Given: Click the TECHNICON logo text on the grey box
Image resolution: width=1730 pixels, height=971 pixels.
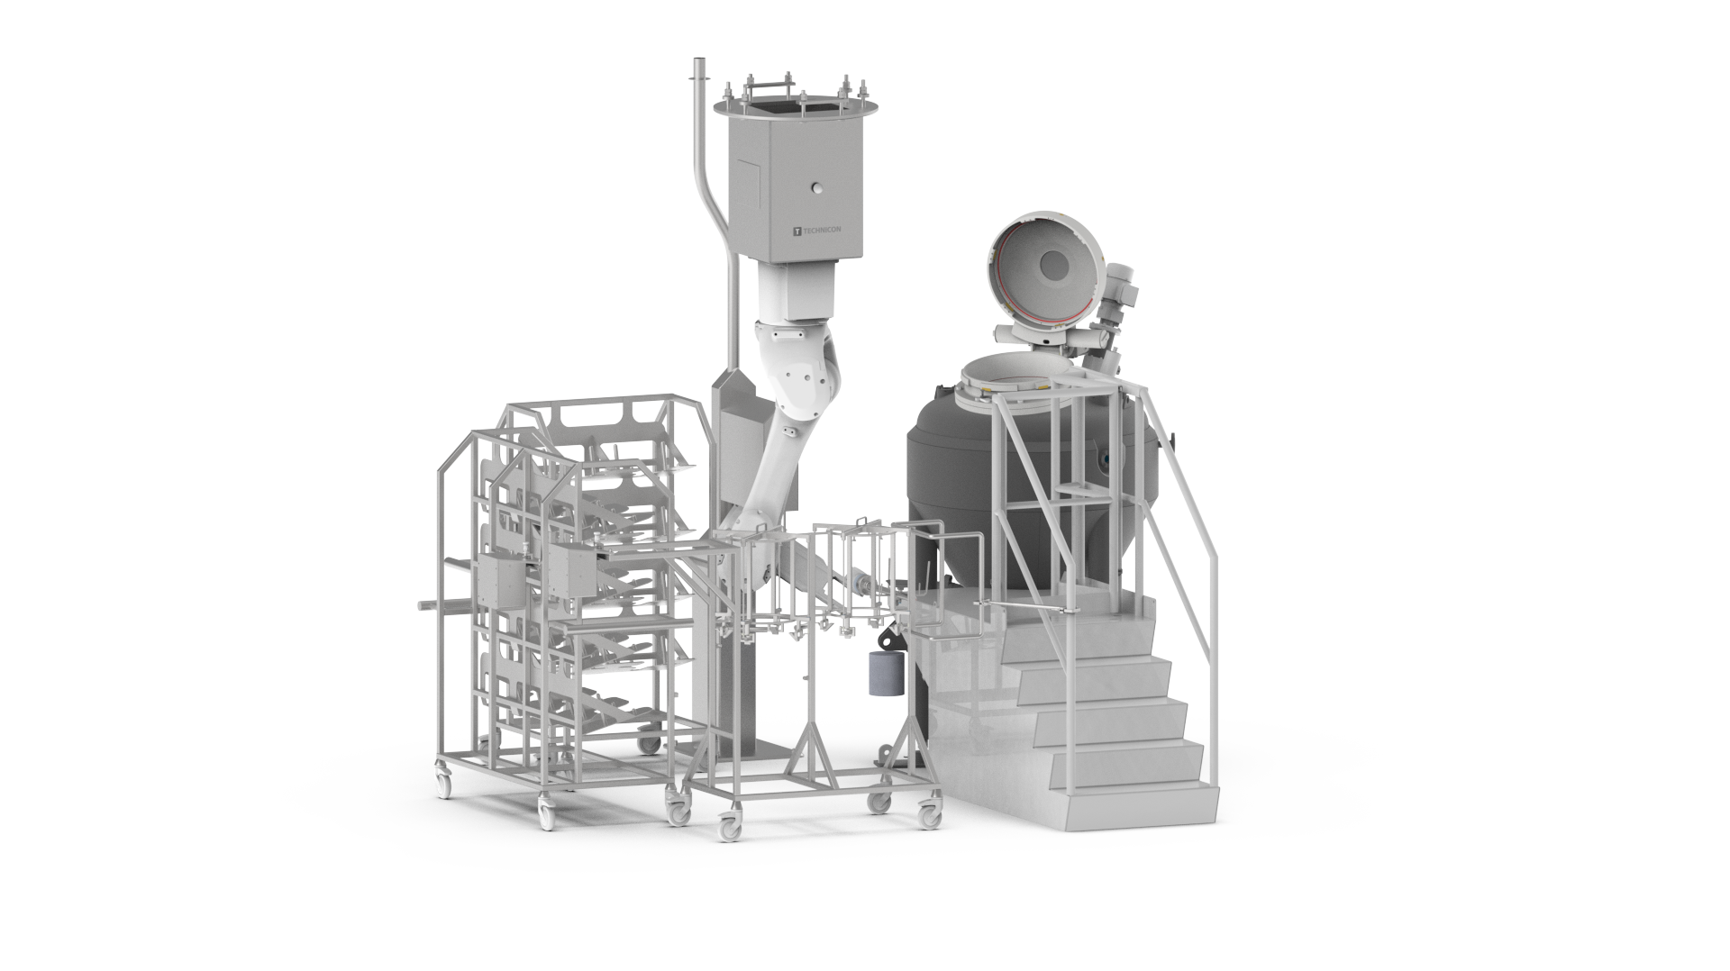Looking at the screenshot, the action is coord(821,230).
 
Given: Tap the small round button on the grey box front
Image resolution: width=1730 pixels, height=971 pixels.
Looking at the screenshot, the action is coord(817,213).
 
